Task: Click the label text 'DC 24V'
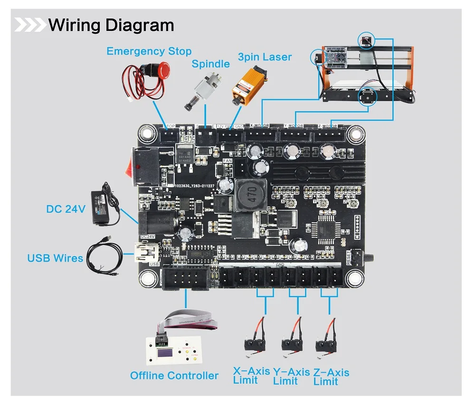(x=66, y=208)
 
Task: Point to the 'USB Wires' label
(x=55, y=258)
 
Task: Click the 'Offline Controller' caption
(x=174, y=376)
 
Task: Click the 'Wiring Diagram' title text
(x=111, y=25)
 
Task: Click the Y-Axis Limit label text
(x=291, y=376)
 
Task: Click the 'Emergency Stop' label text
(x=149, y=51)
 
